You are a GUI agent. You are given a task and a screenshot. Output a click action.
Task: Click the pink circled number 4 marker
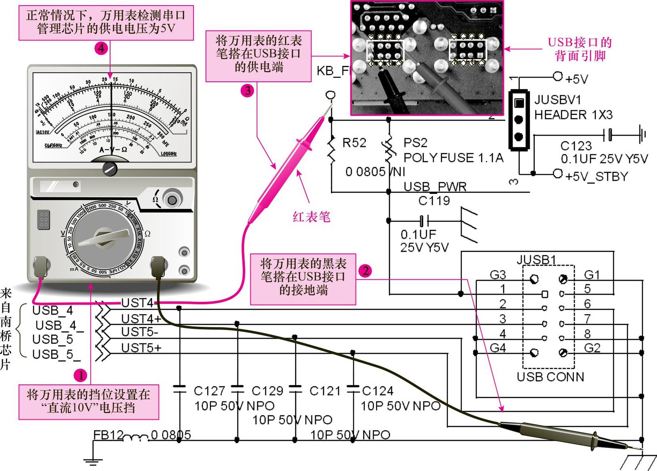(x=101, y=48)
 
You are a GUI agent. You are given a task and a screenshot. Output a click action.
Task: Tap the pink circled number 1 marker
(x=81, y=375)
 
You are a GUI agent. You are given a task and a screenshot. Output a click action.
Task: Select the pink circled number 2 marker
(x=365, y=271)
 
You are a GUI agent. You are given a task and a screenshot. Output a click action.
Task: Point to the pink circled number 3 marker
(x=248, y=91)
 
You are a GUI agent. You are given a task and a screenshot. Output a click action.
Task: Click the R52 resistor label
(x=354, y=143)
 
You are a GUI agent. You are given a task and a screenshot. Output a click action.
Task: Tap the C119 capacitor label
(x=434, y=201)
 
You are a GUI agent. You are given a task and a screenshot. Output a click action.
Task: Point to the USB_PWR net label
(x=435, y=187)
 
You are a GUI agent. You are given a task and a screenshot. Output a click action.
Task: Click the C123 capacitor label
(x=576, y=146)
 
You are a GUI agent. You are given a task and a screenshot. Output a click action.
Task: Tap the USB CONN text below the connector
(x=550, y=376)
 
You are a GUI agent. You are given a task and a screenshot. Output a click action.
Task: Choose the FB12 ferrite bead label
(x=108, y=435)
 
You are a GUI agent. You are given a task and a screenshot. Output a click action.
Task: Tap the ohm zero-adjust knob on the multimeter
(x=172, y=199)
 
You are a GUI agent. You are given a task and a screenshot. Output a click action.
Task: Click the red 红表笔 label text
(x=312, y=217)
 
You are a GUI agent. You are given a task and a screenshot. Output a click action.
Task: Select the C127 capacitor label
(x=209, y=391)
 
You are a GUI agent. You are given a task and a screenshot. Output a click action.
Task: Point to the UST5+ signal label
(x=141, y=348)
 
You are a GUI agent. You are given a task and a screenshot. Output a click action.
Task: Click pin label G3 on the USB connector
(x=498, y=275)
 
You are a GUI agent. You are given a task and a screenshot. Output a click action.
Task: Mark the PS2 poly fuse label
(x=415, y=143)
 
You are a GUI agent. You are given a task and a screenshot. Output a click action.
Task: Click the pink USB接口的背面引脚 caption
(x=580, y=49)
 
